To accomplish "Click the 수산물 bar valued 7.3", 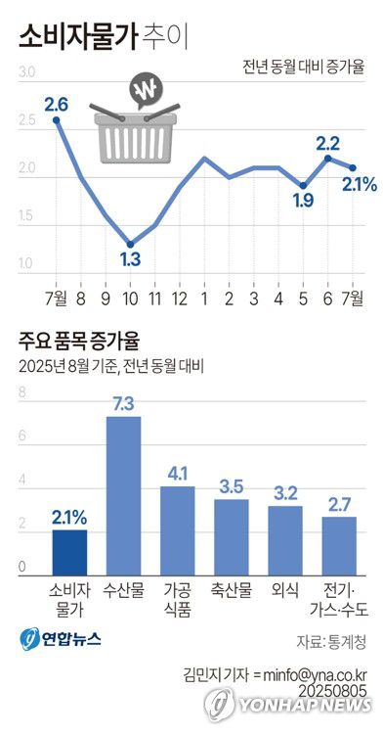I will (x=123, y=494).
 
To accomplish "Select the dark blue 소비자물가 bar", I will (x=69, y=551).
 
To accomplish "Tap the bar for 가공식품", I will (x=178, y=528).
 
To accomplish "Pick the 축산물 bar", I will (x=232, y=535).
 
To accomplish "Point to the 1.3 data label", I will (x=129, y=259).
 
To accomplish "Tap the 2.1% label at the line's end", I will (x=360, y=183).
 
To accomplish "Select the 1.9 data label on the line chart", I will (x=303, y=202).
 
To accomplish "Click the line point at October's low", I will (x=129, y=244).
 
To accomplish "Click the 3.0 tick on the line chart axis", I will (x=26, y=72).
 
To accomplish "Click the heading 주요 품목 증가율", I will (x=78, y=342).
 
